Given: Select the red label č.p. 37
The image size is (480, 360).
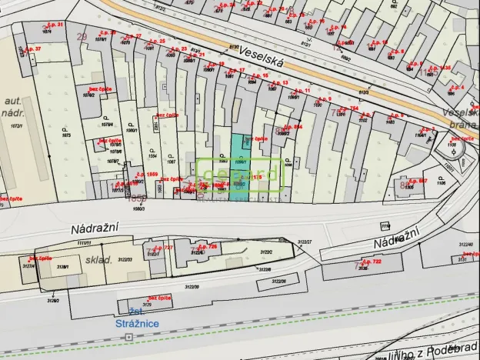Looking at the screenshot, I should point(32,49).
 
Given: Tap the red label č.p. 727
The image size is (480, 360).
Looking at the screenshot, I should point(163,248).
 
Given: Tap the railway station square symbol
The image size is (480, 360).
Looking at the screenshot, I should point(128,337).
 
